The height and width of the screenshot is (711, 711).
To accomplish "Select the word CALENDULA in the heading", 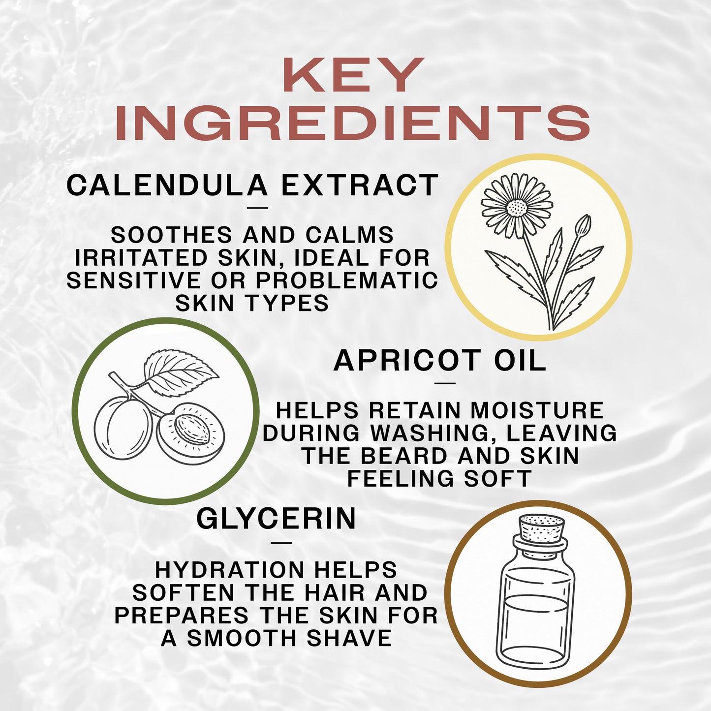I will [167, 185].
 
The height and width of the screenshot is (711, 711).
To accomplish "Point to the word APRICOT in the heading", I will [407, 361].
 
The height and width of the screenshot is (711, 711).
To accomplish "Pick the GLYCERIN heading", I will [276, 519].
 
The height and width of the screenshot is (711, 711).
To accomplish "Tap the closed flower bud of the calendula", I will [584, 225].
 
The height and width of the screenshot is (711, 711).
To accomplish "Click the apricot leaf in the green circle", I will [180, 367].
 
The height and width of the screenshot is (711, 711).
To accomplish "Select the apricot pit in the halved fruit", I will [193, 429].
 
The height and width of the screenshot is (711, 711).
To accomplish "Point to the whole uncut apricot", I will [123, 429].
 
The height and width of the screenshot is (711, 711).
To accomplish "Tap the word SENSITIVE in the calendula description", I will [133, 280].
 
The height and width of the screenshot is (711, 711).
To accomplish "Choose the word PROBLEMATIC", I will [346, 280].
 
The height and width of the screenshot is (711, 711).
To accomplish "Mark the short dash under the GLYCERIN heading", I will [281, 543].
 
